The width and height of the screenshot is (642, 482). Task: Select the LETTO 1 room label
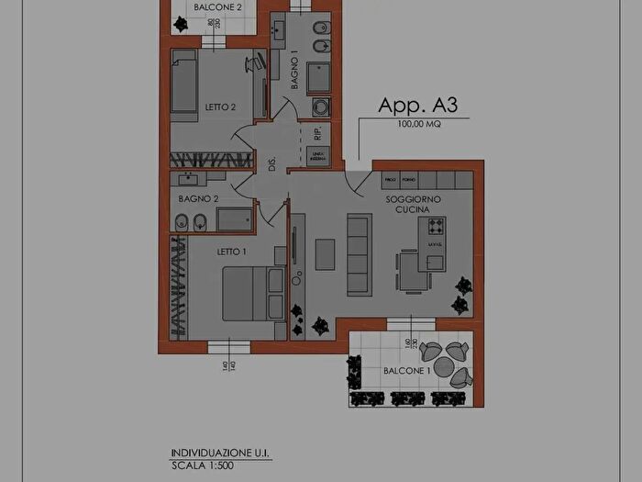point(232,252)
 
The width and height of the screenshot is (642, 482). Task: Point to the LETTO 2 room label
point(220,107)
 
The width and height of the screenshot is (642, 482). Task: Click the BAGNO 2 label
point(197,198)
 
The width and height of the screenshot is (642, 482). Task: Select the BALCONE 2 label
point(217,7)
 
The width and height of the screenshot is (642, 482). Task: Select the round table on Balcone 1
point(444,366)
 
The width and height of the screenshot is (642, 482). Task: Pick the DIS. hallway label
point(271,164)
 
